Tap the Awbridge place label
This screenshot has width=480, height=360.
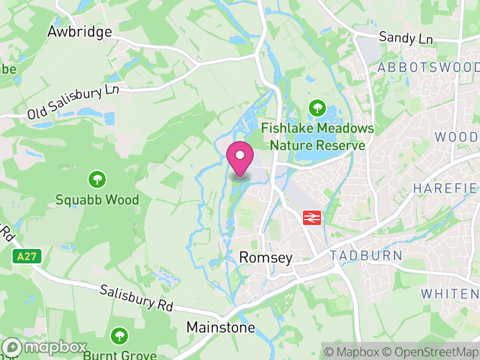80,31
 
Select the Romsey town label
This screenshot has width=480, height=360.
266,258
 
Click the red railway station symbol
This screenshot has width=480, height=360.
311,217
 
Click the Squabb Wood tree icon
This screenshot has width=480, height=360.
97,179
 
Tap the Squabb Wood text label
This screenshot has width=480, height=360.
97,199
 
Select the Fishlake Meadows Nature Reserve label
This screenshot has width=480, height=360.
317,137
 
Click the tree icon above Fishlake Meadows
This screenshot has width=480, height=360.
317,109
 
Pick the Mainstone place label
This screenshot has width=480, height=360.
221,328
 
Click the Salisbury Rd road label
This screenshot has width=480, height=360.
136,298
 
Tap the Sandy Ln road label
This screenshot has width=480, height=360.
406,38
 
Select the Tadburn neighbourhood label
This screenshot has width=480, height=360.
366,256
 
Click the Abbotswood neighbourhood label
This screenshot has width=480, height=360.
428,67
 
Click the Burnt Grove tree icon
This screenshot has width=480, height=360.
120,335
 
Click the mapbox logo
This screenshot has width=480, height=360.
44,347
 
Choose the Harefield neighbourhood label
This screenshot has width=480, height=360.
446,188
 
